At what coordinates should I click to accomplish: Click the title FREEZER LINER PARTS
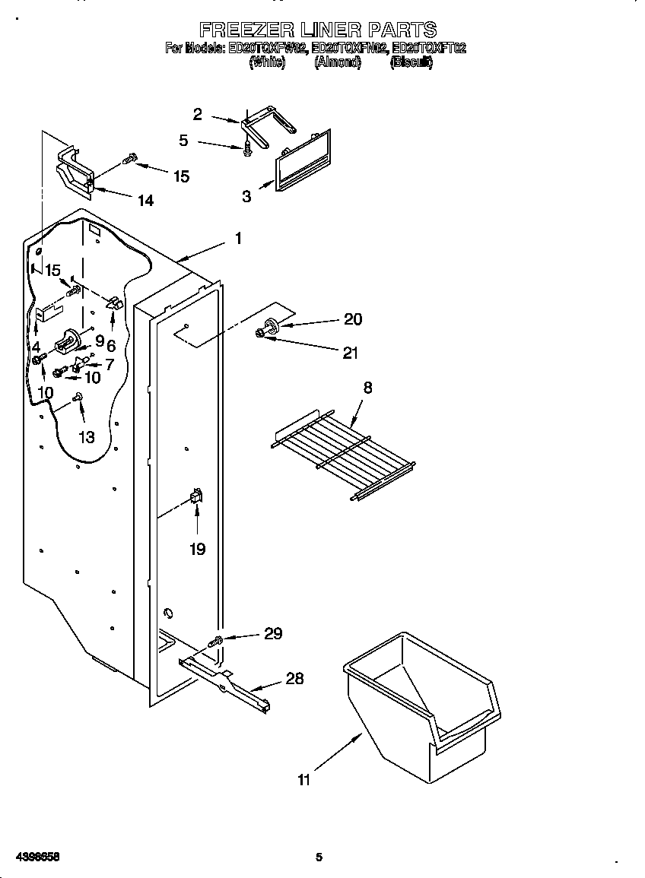(x=317, y=30)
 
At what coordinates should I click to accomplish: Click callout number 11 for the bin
(x=304, y=780)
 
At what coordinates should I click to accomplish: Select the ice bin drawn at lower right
(x=422, y=707)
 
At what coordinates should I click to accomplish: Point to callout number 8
(x=367, y=388)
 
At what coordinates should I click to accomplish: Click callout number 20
(x=353, y=319)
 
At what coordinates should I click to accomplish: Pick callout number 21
(x=350, y=353)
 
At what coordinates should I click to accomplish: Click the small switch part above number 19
(x=195, y=497)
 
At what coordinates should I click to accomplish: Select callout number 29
(x=272, y=633)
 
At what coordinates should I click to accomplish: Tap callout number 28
(x=294, y=678)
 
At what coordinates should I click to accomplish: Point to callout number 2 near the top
(x=198, y=115)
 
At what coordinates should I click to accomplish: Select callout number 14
(x=145, y=200)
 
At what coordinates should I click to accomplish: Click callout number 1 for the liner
(x=238, y=239)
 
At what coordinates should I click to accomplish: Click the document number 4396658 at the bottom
(x=37, y=857)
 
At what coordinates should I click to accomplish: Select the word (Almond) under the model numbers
(x=337, y=63)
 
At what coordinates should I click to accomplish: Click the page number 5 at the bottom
(x=319, y=857)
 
